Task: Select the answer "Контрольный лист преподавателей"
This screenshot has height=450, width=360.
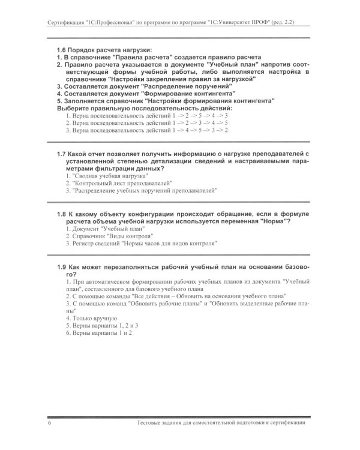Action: point(118,184)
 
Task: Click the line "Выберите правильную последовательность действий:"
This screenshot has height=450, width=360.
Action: point(144,107)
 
